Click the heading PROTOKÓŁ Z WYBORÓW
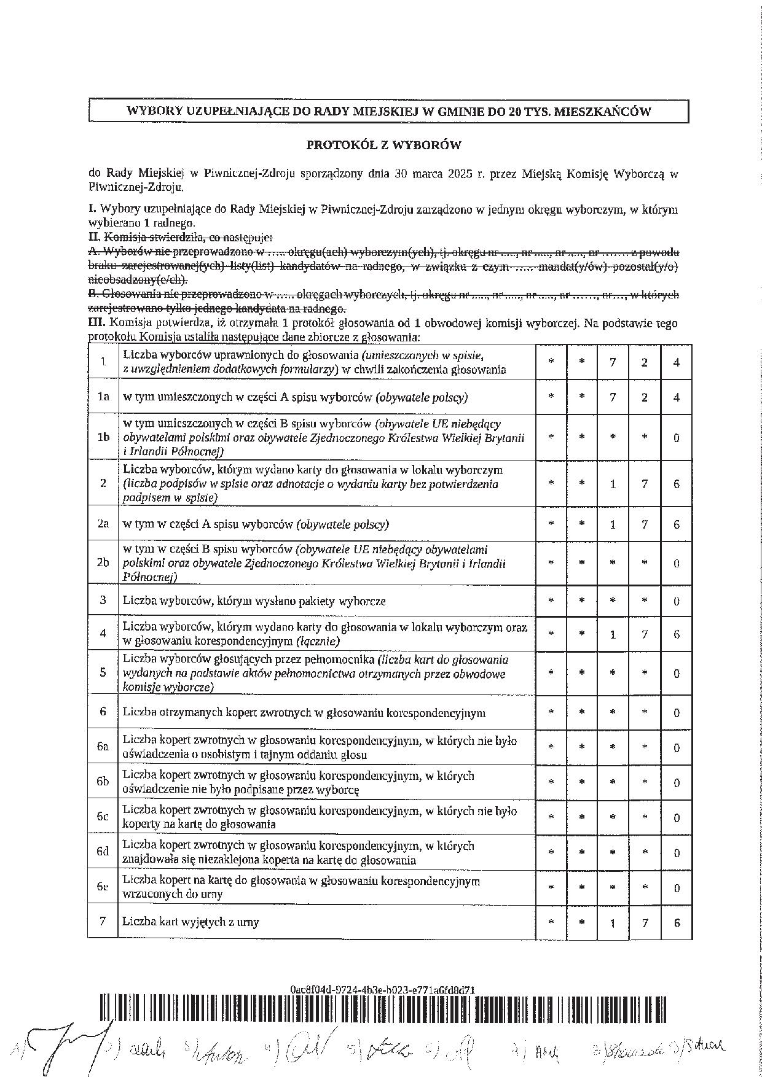pyautogui.click(x=383, y=146)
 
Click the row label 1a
pyautogui.click(x=103, y=397)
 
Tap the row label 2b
pyautogui.click(x=103, y=562)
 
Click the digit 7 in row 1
pyautogui.click(x=613, y=362)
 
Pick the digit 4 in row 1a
pyautogui.click(x=677, y=397)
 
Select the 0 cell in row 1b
pyautogui.click(x=677, y=438)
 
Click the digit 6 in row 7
pyautogui.click(x=677, y=922)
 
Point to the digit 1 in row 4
pyautogui.click(x=613, y=634)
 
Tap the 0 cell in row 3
pyautogui.click(x=677, y=601)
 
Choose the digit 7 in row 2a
pyautogui.click(x=645, y=524)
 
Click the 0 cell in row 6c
pyautogui.click(x=677, y=818)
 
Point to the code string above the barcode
pyautogui.click(x=382, y=990)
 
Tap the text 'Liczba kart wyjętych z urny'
pyautogui.click(x=190, y=922)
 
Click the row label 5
pyautogui.click(x=103, y=673)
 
